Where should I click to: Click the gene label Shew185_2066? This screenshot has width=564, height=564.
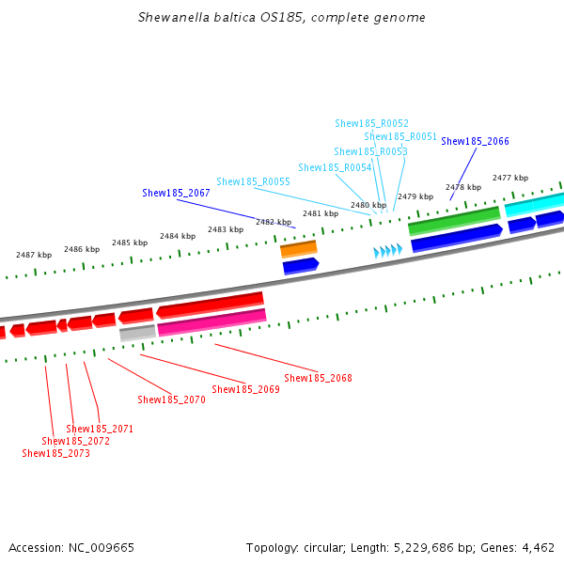(475, 141)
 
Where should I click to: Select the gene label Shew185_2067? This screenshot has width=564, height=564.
(176, 193)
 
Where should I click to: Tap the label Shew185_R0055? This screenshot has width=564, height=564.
(253, 181)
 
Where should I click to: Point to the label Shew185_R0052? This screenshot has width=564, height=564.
(371, 123)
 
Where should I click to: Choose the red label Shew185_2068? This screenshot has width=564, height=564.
(318, 378)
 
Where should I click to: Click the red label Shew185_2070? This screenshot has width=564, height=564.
(171, 399)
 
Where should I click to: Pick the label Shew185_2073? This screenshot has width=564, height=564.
(55, 453)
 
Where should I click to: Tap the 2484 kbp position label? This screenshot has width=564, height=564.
(178, 236)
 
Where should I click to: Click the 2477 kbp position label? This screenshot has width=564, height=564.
(510, 178)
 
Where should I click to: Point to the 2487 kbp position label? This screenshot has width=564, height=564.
(34, 255)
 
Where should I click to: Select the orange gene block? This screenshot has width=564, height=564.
(299, 249)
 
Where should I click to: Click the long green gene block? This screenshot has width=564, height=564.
(454, 221)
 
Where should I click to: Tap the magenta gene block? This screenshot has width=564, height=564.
(211, 322)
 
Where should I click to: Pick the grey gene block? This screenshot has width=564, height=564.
(137, 333)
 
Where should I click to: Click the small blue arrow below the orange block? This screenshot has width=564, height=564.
(301, 266)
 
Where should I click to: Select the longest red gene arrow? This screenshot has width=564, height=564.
(210, 305)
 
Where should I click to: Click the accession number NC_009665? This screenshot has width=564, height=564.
(102, 548)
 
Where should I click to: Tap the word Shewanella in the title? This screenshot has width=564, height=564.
(174, 17)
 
